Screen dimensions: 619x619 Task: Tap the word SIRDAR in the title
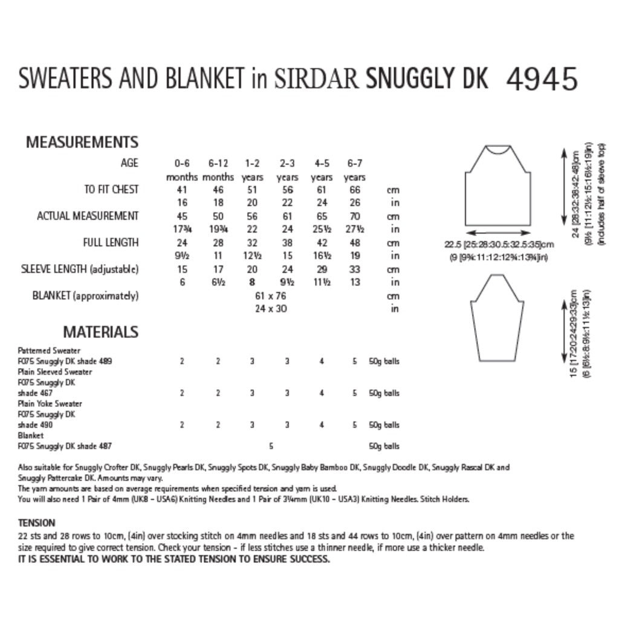316,80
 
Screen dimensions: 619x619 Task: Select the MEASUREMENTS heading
82,143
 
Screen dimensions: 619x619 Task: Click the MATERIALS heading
101,332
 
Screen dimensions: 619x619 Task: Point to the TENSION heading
37,522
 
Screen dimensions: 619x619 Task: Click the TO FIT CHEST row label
111,189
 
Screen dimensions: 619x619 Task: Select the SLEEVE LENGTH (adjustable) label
87,269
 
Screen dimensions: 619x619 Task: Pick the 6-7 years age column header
354,170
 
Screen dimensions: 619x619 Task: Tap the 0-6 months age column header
181,170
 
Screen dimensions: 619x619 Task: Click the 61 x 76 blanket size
271,296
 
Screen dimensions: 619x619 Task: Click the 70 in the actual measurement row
354,216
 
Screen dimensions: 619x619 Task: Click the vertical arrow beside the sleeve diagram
563,332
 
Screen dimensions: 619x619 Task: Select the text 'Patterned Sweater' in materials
50,351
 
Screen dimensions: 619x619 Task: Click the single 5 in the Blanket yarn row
271,447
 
